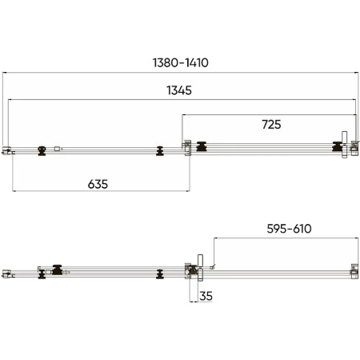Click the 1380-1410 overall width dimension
coord(181,62)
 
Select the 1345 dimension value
coord(179,90)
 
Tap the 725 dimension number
coord(271,125)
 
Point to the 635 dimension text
coord(98,184)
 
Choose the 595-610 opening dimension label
coord(289,229)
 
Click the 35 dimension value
coord(206,296)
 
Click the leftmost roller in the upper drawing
coord(42,150)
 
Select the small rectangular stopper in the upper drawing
coord(58,149)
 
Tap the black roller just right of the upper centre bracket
coord(202,146)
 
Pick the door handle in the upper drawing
coord(345,145)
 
